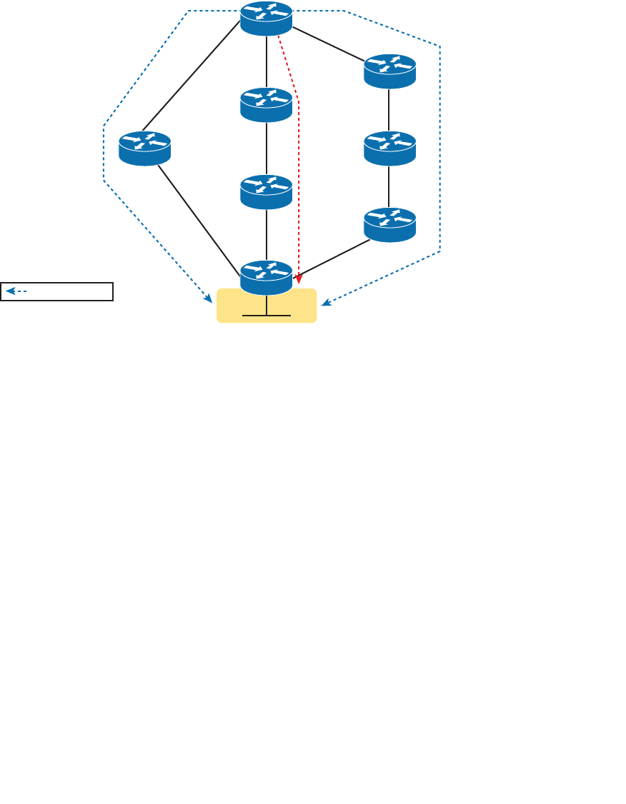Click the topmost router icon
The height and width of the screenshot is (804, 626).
267,18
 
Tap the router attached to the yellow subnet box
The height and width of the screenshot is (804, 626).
267,277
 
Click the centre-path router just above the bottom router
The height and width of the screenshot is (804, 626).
267,191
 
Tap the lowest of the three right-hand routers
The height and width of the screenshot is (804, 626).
389,224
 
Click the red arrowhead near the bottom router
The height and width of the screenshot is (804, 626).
297,276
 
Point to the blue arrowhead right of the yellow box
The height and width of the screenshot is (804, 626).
326,303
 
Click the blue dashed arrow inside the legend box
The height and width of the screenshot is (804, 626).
16,291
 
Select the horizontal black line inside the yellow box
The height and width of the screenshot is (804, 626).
267,315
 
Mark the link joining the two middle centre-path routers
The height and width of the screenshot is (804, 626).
267,149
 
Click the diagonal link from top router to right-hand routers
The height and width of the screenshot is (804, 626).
329,45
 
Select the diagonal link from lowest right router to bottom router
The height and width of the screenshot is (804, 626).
333,258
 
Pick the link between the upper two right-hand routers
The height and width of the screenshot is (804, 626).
389,110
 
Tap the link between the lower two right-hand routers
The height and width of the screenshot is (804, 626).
389,186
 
